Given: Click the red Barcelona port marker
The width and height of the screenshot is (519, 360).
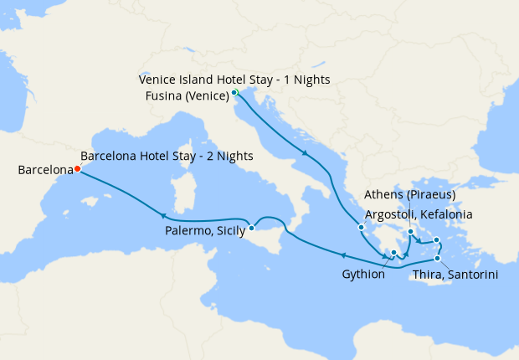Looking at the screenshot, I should click(x=77, y=168).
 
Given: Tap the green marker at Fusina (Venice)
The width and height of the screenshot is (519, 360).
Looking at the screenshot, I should click(x=235, y=92).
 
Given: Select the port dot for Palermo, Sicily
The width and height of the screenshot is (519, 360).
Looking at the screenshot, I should click(x=251, y=228).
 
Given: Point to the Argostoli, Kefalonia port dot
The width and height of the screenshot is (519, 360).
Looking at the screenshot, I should click(x=361, y=227).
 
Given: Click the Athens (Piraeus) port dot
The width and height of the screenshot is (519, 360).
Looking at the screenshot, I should click(x=410, y=232).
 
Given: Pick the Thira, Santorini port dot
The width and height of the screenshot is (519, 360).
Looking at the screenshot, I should click(x=437, y=258).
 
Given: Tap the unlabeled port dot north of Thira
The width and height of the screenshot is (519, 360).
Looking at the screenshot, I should click(x=436, y=240).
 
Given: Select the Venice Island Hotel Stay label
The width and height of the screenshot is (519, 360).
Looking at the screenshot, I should click(x=234, y=80).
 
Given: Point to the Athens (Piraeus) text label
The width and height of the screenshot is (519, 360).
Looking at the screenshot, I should click(x=410, y=195).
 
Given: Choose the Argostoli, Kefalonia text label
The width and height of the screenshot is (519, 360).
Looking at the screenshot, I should click(x=419, y=214).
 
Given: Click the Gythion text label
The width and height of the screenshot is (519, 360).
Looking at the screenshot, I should click(x=363, y=274).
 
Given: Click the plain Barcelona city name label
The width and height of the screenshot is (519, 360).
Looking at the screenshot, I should click(x=45, y=170).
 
